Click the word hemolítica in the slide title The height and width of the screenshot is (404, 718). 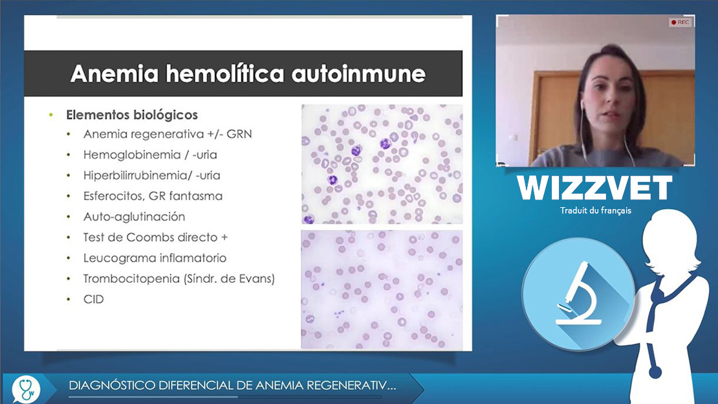(225, 74)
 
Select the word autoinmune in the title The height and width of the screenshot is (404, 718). (358, 74)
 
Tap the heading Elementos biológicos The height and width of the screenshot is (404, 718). (132, 115)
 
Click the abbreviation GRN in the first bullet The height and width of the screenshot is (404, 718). (239, 134)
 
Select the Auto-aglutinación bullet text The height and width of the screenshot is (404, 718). (134, 216)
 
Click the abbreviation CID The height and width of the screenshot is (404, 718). (93, 300)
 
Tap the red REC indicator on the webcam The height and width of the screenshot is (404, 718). (680, 22)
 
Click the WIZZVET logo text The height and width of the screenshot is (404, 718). (595, 188)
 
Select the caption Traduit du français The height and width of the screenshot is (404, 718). (595, 210)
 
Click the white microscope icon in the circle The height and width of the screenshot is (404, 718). (578, 293)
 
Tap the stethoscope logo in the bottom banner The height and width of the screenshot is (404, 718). (26, 389)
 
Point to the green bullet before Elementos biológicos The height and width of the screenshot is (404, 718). (51, 115)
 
